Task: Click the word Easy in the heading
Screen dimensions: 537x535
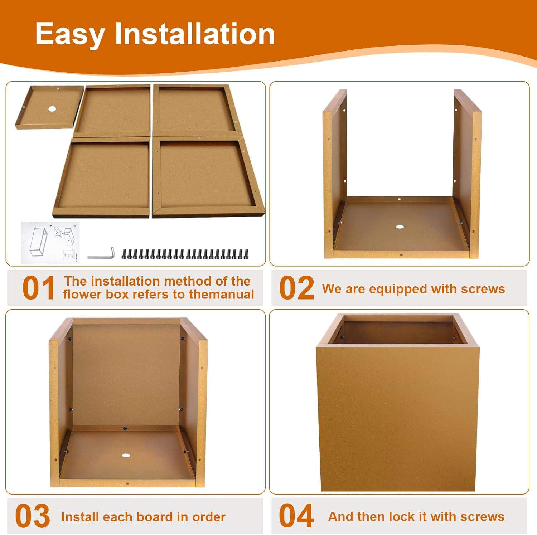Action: click(x=70, y=35)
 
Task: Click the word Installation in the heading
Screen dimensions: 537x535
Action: click(x=195, y=34)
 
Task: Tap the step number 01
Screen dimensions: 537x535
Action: click(x=38, y=288)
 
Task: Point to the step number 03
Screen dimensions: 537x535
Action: click(x=33, y=516)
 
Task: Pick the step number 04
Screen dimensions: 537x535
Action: click(x=296, y=515)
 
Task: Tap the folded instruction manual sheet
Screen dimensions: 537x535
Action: click(x=50, y=242)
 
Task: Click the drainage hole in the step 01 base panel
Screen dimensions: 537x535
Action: click(x=53, y=109)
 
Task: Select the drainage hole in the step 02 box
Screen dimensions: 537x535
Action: click(x=400, y=227)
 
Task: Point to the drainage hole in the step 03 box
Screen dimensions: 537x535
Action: click(x=126, y=456)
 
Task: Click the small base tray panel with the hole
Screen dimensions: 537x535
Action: click(x=49, y=107)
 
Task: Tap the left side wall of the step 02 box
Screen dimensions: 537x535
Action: click(x=335, y=174)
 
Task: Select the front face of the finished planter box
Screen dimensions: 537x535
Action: click(x=397, y=419)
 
